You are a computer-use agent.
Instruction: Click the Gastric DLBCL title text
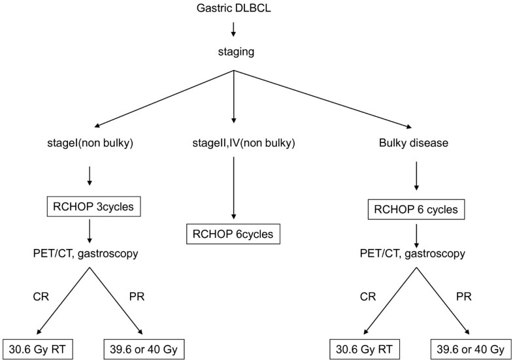tap(234, 8)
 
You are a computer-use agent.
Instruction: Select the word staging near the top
tap(234, 57)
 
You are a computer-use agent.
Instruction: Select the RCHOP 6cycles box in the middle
tap(234, 232)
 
